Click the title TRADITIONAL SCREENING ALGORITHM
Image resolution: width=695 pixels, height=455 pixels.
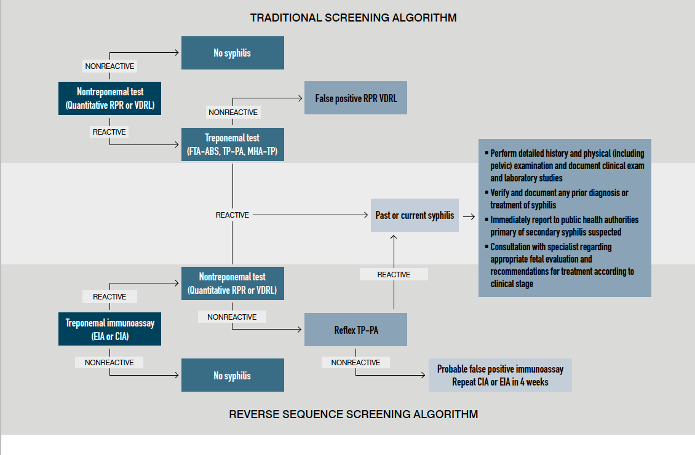click(x=353, y=18)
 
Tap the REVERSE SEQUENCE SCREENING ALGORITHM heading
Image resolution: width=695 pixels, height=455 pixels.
click(x=353, y=414)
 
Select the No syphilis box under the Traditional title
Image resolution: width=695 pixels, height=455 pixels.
click(x=232, y=53)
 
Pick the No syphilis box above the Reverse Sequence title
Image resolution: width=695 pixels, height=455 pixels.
click(x=232, y=375)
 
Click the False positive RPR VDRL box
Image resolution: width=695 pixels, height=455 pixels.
click(x=355, y=98)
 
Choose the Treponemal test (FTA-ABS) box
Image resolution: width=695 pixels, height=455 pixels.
click(x=232, y=144)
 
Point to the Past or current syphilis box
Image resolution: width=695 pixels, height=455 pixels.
click(x=415, y=215)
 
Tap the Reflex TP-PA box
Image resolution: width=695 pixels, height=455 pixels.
click(x=355, y=330)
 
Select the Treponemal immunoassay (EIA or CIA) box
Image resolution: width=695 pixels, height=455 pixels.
click(x=110, y=329)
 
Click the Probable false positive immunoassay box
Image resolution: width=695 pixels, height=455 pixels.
click(x=500, y=375)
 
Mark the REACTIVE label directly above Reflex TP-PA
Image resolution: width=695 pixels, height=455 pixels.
click(x=394, y=274)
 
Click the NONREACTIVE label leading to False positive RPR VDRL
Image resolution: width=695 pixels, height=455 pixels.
click(x=233, y=113)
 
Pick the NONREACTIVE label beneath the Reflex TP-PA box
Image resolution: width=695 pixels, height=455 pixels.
click(x=355, y=363)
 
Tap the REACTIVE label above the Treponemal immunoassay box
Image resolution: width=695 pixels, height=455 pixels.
click(x=109, y=297)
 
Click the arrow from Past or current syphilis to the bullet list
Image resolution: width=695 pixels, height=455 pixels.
click(x=469, y=216)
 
